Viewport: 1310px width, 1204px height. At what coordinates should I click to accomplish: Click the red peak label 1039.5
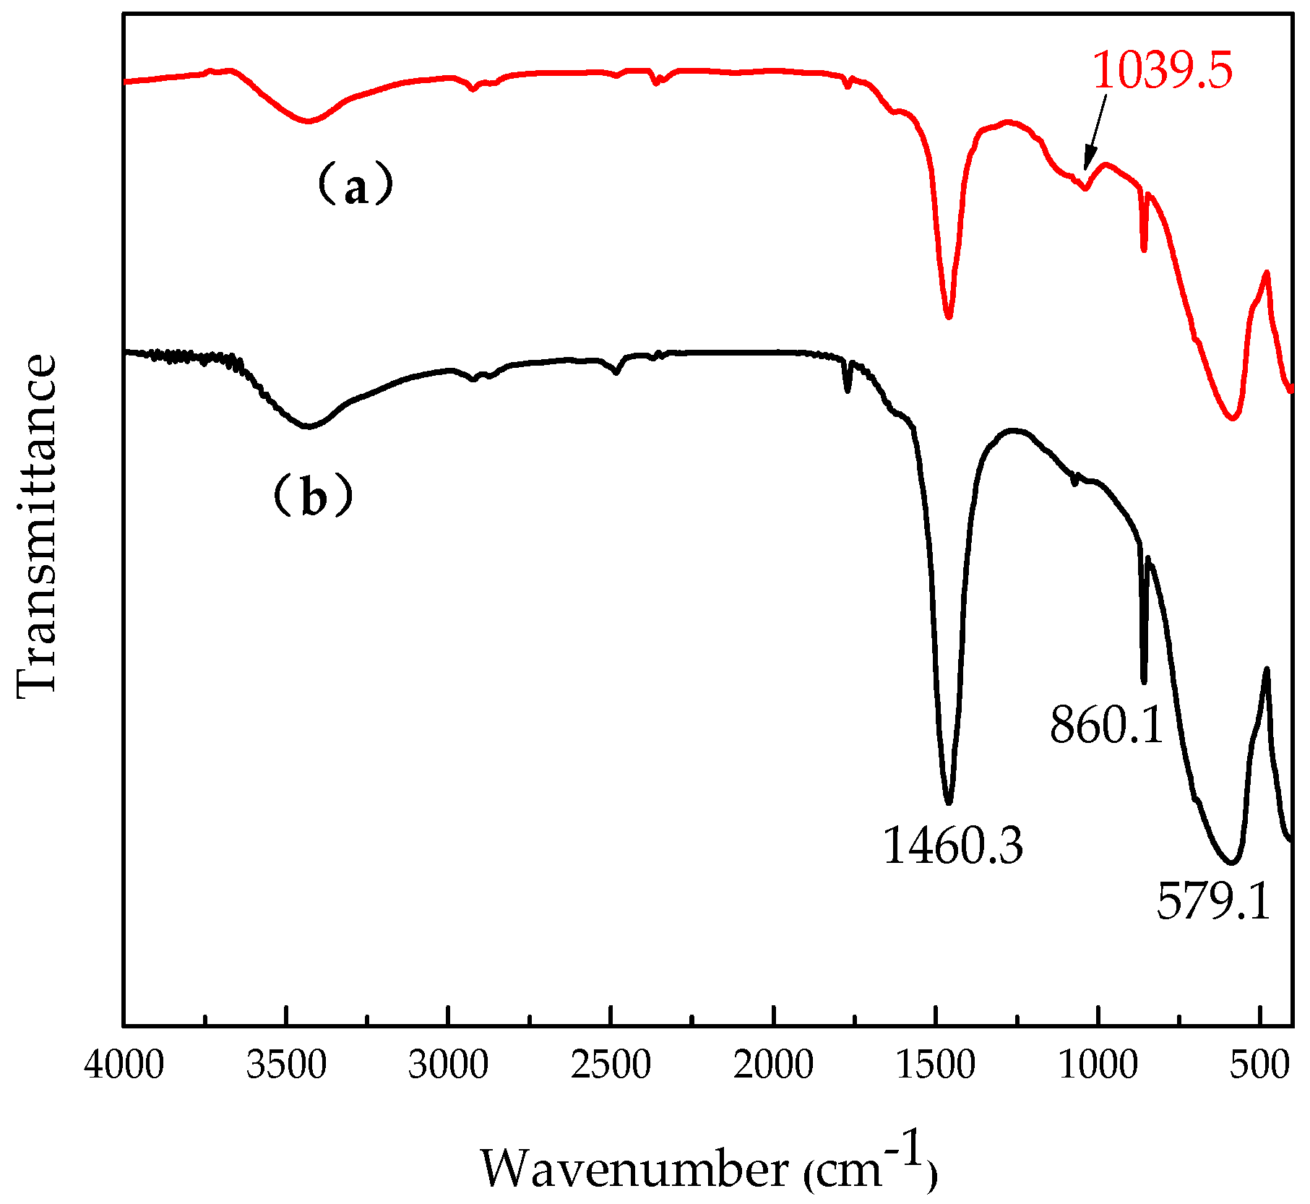point(1162,71)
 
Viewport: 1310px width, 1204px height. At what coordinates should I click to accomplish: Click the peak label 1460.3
point(953,846)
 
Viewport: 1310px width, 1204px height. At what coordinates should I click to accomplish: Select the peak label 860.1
point(1106,725)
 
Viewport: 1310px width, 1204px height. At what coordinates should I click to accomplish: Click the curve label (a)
point(355,185)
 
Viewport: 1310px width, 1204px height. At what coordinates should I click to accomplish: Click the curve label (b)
point(312,496)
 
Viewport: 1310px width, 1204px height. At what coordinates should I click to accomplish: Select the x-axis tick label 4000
point(124,1067)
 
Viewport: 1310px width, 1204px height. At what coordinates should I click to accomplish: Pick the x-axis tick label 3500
point(286,1067)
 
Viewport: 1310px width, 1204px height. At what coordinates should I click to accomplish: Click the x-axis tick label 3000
point(449,1067)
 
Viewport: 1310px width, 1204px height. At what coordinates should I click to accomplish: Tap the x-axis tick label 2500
point(611,1067)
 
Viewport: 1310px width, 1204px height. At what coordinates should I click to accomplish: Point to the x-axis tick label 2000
point(773,1067)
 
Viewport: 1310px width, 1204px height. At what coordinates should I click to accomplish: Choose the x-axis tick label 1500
point(936,1067)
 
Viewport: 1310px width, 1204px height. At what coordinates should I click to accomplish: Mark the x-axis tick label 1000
point(1098,1067)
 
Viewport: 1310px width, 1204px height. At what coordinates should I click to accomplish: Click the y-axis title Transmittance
point(36,526)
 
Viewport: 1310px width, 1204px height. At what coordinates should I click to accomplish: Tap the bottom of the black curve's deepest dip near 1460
point(949,801)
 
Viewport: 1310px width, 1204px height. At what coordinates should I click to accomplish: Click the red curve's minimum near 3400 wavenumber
point(309,121)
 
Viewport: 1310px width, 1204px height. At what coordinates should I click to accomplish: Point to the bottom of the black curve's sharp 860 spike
point(1144,681)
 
